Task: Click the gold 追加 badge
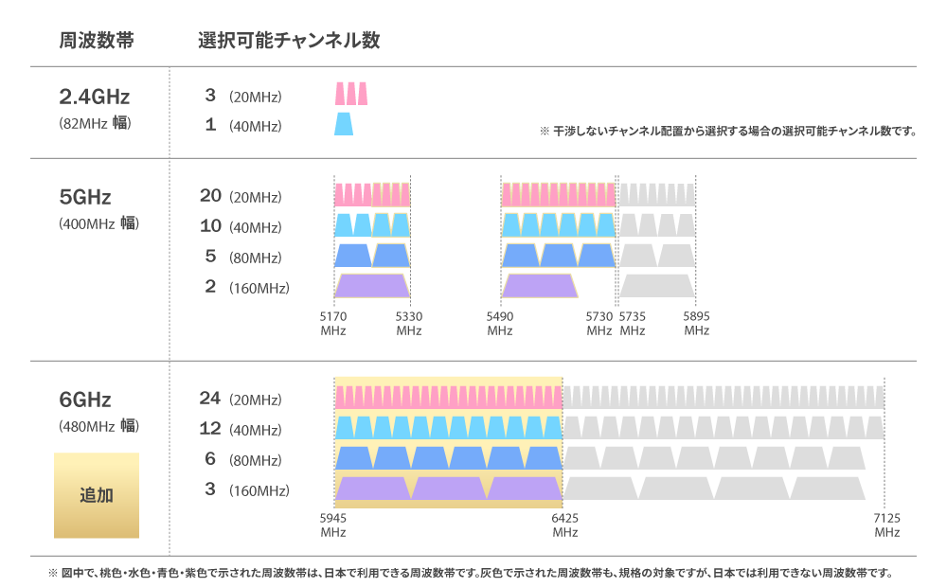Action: click(97, 495)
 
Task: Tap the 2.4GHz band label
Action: click(94, 97)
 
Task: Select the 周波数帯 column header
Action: click(96, 41)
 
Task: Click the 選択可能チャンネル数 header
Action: click(289, 41)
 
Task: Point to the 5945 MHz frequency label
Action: click(333, 525)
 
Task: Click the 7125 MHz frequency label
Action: click(886, 525)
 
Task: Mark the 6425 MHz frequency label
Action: click(565, 525)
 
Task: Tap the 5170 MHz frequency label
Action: click(333, 323)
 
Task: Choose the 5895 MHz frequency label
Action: click(696, 323)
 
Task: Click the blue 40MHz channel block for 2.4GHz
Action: click(344, 124)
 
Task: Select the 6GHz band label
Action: click(85, 399)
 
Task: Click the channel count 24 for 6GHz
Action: click(209, 399)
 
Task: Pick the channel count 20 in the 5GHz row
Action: click(210, 196)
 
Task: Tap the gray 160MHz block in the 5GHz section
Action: click(657, 286)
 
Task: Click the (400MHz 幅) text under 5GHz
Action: click(98, 224)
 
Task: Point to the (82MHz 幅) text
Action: click(95, 123)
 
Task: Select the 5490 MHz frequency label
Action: click(500, 323)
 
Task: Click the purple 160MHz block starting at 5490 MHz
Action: click(539, 286)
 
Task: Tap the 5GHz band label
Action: click(85, 197)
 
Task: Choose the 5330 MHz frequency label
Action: click(409, 323)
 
